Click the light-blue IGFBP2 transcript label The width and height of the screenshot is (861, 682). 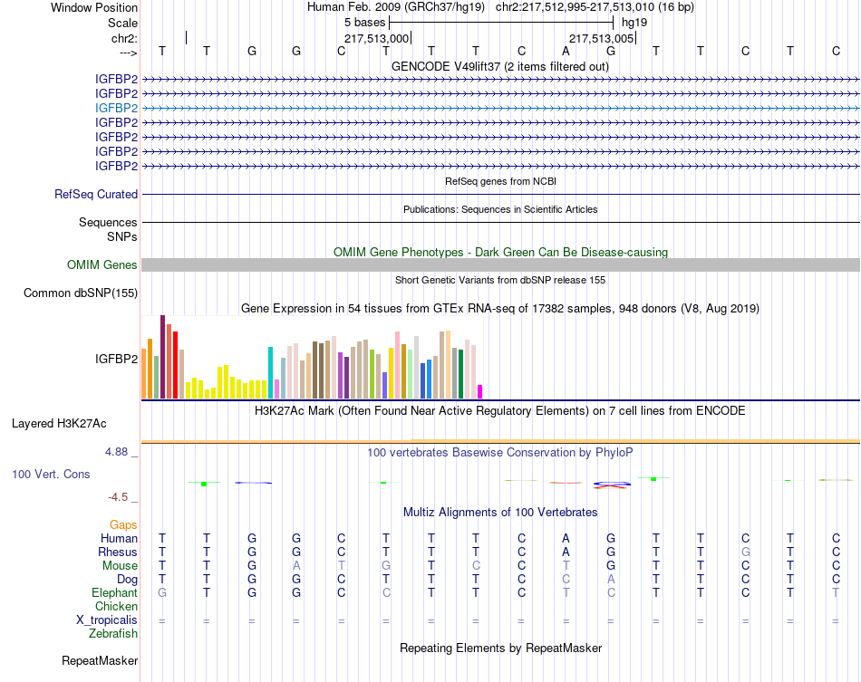117,108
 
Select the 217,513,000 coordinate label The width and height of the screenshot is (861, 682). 376,38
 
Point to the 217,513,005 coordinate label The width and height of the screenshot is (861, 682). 601,38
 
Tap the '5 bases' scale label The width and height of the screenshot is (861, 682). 364,22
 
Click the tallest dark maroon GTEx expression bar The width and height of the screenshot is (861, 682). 162,357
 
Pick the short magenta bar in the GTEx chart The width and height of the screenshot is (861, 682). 479,391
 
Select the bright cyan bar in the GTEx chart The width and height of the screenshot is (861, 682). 271,372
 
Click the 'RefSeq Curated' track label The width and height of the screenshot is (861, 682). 96,194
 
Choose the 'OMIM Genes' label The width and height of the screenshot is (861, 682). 102,265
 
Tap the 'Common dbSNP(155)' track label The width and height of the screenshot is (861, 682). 81,293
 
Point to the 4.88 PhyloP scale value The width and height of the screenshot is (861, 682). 120,451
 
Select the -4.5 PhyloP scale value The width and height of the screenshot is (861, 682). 120,497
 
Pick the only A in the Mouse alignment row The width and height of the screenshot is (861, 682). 296,565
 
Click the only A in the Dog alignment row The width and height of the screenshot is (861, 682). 611,579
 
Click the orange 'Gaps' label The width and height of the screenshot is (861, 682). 123,524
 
